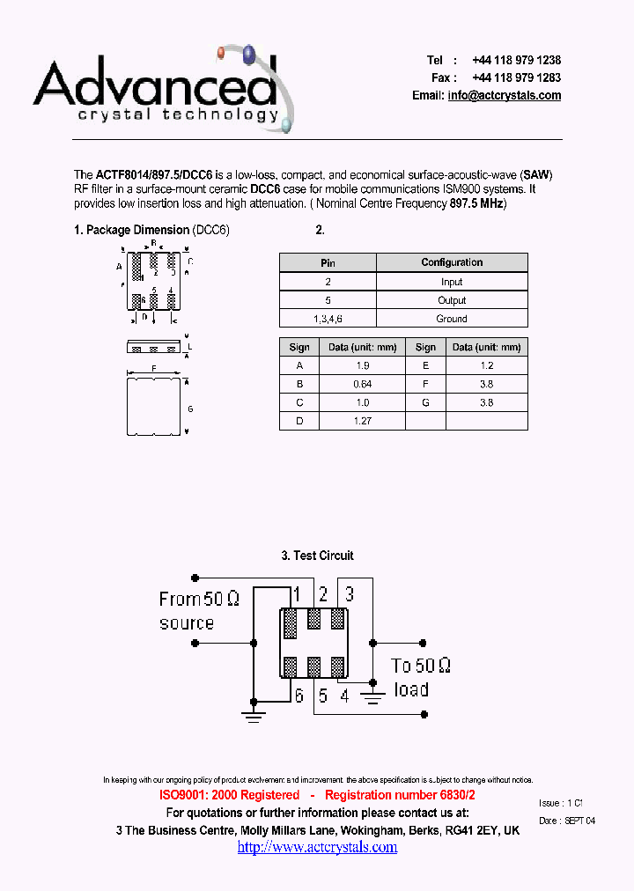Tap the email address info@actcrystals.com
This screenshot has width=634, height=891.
tap(504, 96)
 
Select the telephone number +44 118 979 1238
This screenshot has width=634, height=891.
tap(516, 61)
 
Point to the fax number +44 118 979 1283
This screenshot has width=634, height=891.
tap(516, 78)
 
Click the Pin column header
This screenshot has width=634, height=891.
tap(328, 262)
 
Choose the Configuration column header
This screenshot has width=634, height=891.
tap(452, 262)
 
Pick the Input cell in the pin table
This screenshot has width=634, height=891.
tap(452, 282)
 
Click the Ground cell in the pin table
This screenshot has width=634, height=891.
tap(452, 319)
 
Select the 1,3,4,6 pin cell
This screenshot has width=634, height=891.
tap(328, 319)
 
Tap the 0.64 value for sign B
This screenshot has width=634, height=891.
tap(362, 384)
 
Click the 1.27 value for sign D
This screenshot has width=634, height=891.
tap(362, 421)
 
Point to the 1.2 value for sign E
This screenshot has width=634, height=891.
tap(486, 365)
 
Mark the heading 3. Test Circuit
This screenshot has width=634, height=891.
tap(317, 556)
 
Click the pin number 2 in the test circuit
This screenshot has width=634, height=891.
tap(323, 594)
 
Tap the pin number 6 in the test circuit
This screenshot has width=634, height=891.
tap(299, 696)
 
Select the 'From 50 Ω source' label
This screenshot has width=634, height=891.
tap(198, 611)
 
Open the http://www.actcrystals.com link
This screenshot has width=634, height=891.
tap(317, 847)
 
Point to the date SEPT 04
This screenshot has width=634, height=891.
tap(579, 821)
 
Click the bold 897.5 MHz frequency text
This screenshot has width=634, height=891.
tap(477, 204)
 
